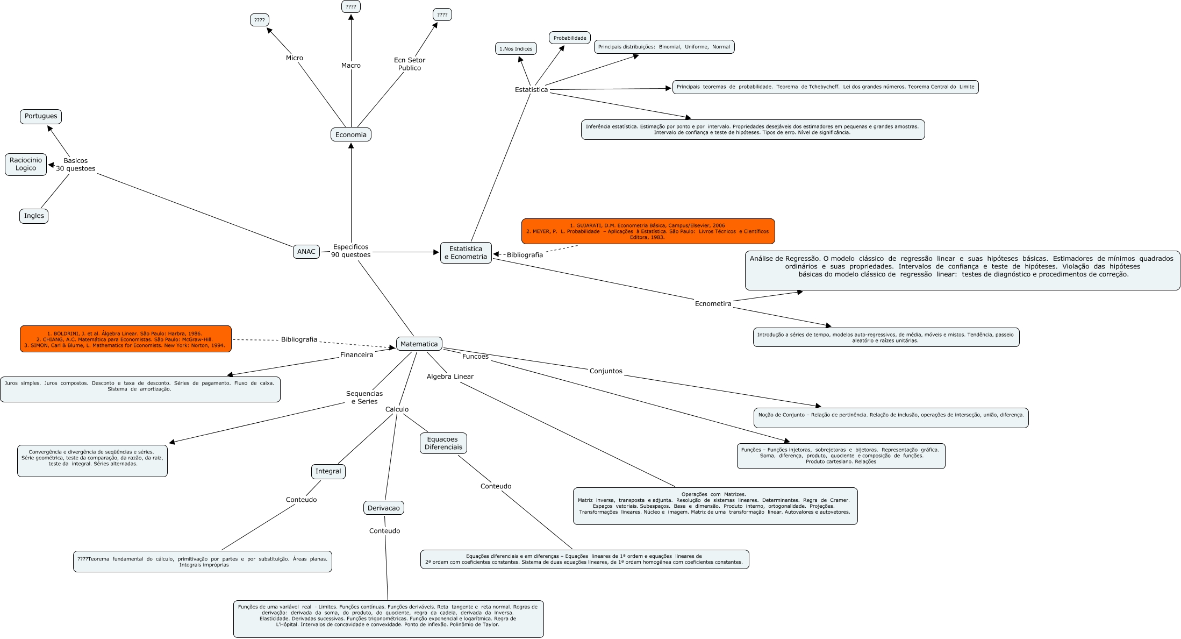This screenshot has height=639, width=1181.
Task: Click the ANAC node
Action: point(306,251)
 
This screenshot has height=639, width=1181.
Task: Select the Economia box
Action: point(350,134)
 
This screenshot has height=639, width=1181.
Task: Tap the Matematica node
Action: point(419,344)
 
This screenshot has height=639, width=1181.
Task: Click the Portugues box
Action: point(41,116)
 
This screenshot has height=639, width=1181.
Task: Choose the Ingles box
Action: point(34,216)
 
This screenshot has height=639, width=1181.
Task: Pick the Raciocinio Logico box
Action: point(26,164)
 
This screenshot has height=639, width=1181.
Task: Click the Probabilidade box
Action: point(570,38)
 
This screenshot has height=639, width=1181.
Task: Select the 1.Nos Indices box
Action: point(516,49)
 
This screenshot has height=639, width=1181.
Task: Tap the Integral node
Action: point(328,471)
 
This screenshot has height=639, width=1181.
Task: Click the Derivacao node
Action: point(383,508)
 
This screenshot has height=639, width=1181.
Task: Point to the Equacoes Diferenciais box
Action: point(443,443)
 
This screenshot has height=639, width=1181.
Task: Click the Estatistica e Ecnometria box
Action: point(466,252)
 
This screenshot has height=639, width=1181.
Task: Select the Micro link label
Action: point(294,58)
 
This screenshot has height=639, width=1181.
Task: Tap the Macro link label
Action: point(350,65)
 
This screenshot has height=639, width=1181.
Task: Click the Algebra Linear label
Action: point(450,377)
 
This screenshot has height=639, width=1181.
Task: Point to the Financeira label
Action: point(356,355)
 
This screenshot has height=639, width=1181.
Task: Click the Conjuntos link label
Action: point(606,371)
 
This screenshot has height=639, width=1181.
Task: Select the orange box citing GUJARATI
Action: point(648,231)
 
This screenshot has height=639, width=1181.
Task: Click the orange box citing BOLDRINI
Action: point(126,339)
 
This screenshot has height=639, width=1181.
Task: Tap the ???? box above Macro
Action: point(350,6)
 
